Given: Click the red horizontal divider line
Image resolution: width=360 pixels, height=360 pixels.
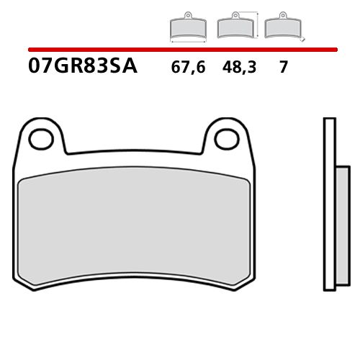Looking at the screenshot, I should (x=180, y=50).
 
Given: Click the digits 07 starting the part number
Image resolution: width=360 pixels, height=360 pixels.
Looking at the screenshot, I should (x=40, y=69).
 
